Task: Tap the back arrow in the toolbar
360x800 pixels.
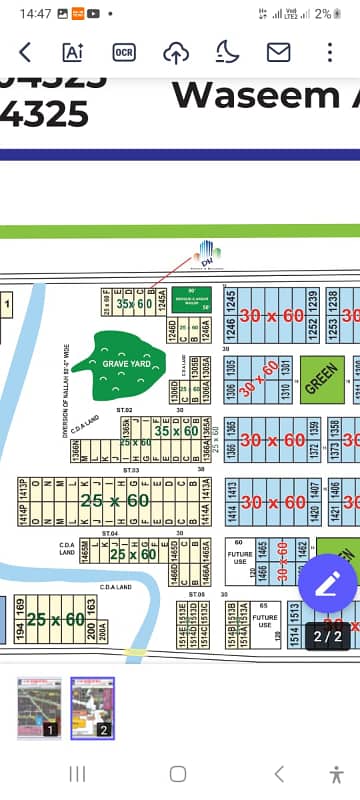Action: [25, 52]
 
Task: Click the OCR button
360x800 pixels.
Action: [124, 52]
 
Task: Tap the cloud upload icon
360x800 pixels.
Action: [175, 52]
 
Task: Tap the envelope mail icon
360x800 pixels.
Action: [278, 52]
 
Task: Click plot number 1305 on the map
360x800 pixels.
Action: [231, 369]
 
